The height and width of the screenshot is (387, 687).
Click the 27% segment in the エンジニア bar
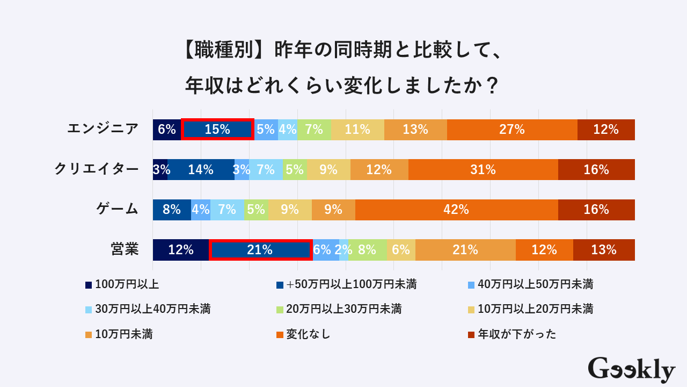512,130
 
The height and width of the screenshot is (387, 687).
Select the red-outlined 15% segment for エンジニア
217,130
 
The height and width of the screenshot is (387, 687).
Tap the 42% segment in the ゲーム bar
456,210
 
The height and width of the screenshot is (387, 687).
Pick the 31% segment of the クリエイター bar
483,170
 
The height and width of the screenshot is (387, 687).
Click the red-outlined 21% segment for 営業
260,250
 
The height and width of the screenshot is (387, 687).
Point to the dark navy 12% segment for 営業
180,250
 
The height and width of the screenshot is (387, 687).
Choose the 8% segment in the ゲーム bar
172,210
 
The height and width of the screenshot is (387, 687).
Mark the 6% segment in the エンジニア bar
167,130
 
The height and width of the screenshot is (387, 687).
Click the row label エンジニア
103,129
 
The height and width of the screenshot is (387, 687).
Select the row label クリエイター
97,169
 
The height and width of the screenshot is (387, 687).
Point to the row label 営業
125,249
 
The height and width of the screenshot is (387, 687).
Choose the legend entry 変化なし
308,334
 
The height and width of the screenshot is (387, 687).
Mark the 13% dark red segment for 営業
604,250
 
